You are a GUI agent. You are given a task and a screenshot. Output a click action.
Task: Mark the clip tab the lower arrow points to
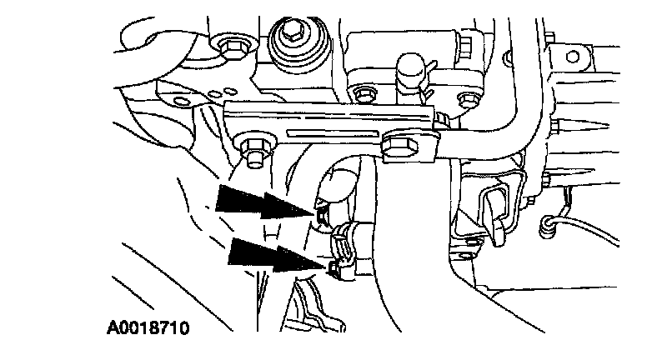(333, 267)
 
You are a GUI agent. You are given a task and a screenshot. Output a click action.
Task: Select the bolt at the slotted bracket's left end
(252, 152)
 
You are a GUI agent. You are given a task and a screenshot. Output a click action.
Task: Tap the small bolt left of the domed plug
(359, 92)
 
